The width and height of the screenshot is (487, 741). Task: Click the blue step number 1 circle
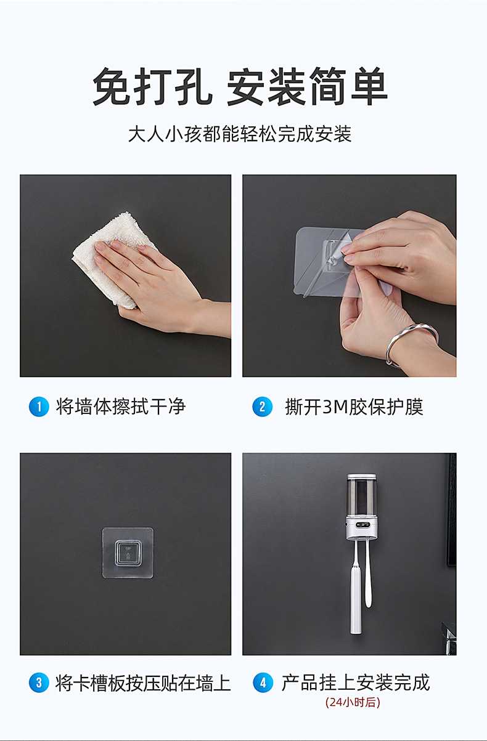(x=39, y=407)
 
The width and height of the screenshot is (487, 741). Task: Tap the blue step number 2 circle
(x=262, y=407)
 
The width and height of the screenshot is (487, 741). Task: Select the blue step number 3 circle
(x=39, y=682)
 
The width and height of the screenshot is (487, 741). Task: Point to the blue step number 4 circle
(x=263, y=682)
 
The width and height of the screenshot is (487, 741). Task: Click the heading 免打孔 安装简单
(x=240, y=86)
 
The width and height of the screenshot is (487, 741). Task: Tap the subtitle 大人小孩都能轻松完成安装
(x=240, y=134)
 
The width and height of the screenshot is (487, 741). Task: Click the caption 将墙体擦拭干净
(x=120, y=407)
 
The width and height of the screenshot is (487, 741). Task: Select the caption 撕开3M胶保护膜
(x=354, y=407)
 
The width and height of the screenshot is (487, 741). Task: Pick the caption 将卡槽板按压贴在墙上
(x=143, y=682)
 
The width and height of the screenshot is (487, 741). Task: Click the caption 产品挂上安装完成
(x=356, y=682)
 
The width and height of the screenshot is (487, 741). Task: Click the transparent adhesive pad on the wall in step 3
(x=128, y=553)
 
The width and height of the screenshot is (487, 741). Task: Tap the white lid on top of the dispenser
(x=361, y=477)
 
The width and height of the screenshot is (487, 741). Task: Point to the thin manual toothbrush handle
(x=368, y=574)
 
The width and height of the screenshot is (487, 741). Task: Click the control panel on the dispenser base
(x=363, y=525)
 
